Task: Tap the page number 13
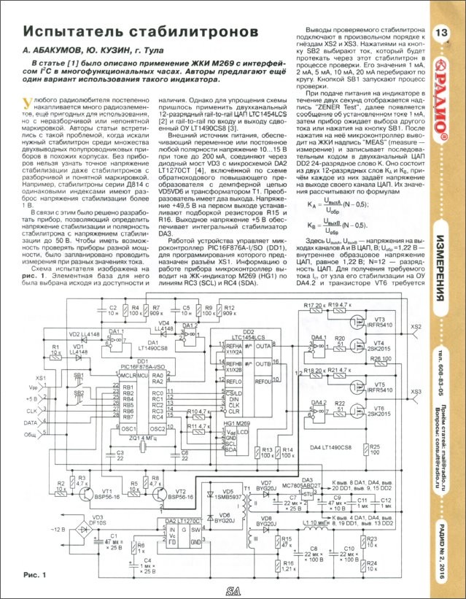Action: click(442, 32)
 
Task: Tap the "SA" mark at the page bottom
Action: click(233, 590)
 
